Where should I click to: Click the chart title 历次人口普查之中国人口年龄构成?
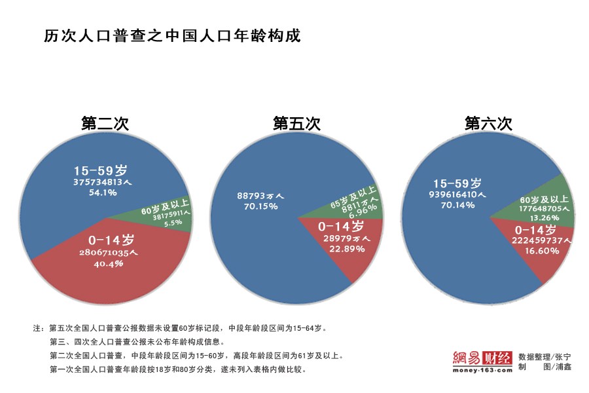[172, 35]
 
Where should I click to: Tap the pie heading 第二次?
[105, 123]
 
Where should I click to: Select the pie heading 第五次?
[296, 123]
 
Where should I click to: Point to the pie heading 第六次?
[488, 123]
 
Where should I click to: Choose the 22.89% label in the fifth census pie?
[340, 249]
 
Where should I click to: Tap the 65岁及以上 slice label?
[353, 197]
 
